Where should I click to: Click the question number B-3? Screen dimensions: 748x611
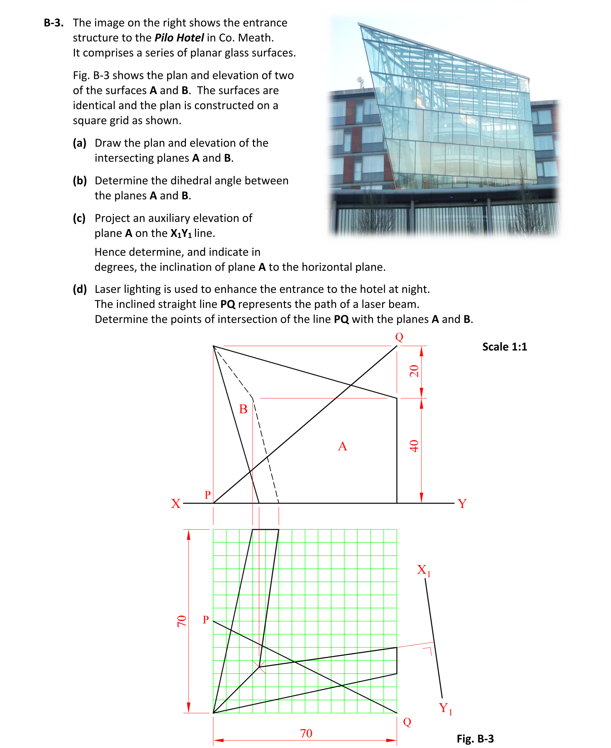coord(53,23)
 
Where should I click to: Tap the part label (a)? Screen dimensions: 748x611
coord(80,143)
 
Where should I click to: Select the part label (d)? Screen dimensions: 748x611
coord(80,289)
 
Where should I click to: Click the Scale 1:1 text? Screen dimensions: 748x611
coord(504,347)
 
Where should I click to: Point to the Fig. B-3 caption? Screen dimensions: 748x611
coord(475,738)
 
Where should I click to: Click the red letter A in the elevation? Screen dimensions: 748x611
coord(342,446)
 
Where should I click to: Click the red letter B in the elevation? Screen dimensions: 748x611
coord(243,409)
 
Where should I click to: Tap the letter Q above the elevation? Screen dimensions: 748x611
coord(399,337)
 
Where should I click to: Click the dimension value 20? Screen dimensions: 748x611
coord(414,371)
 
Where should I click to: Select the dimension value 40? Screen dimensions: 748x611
coord(414,446)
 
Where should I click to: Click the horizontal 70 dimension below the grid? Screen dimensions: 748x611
coord(306,733)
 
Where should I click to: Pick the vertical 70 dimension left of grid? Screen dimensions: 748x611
coord(181,621)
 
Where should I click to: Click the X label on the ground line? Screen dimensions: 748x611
coord(176,503)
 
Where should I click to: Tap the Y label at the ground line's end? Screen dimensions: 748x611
coord(462,503)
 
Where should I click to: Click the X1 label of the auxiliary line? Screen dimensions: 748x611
coord(423,570)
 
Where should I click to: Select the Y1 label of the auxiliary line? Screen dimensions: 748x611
coord(445,708)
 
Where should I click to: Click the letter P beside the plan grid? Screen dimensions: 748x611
coord(206,620)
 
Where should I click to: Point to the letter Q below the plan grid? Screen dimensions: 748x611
coord(407,722)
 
